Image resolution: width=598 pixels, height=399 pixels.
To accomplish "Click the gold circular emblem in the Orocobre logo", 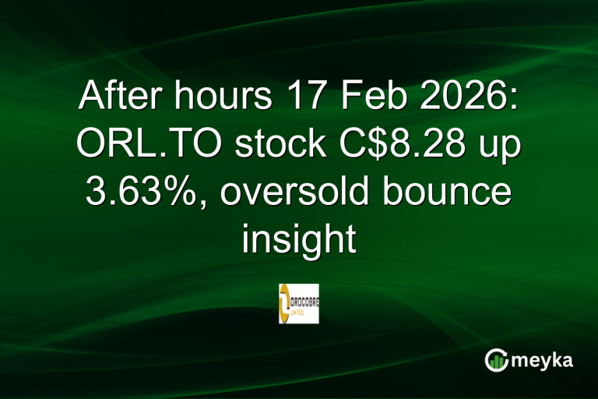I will point(286,303).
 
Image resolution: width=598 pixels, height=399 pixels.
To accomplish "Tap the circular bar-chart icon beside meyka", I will point(496,360).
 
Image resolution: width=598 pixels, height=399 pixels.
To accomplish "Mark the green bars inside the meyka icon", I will point(496,362).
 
